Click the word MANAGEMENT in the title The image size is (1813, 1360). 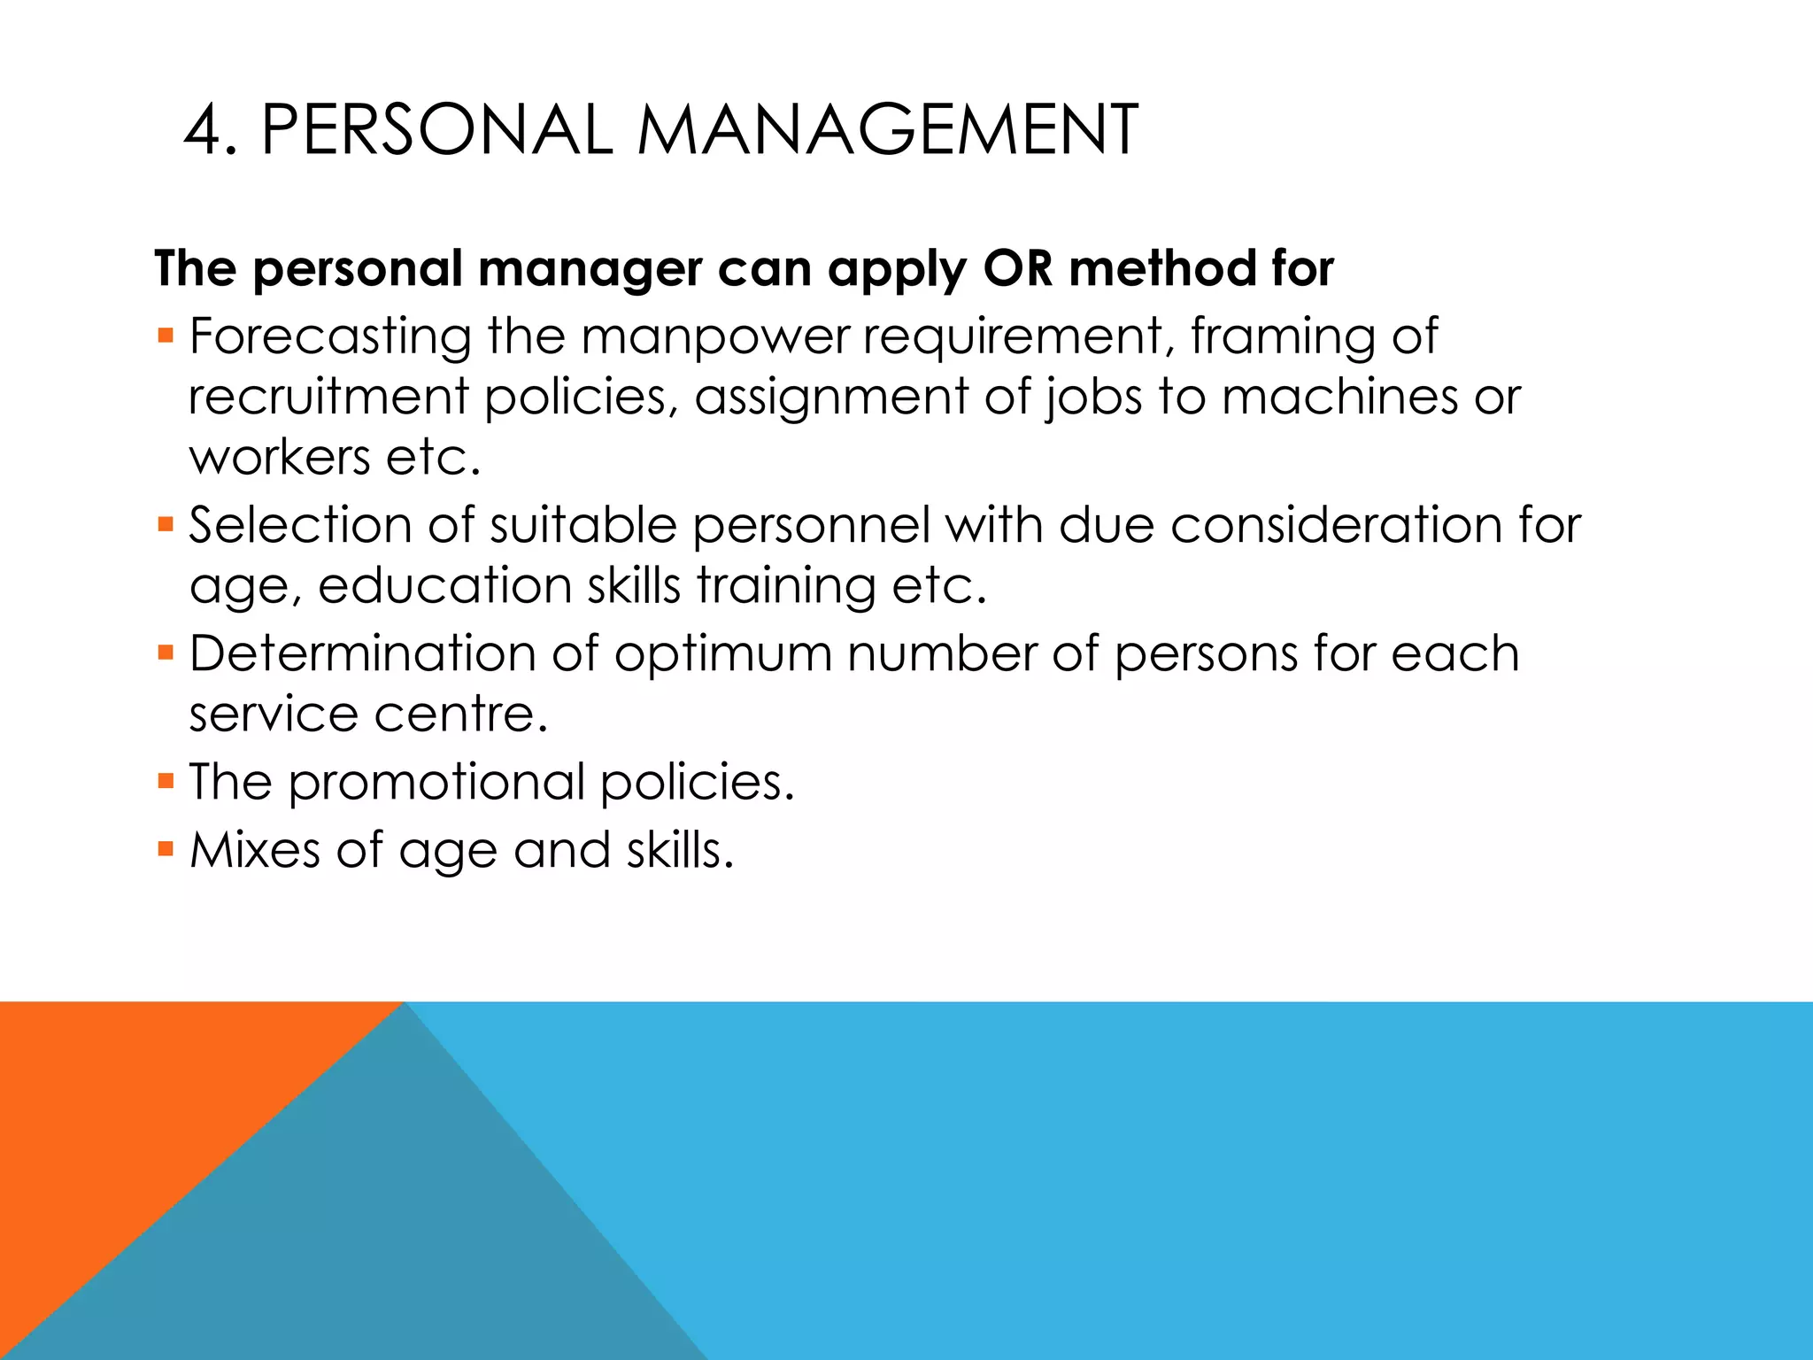pyautogui.click(x=887, y=131)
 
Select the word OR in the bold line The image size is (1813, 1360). pyautogui.click(x=1018, y=268)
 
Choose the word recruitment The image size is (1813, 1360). pyautogui.click(x=328, y=396)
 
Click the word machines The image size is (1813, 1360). pyautogui.click(x=1339, y=396)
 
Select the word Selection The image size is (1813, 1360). pyautogui.click(x=300, y=525)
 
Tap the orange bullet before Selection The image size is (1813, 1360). pyautogui.click(x=166, y=525)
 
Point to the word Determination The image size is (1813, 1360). pyautogui.click(x=362, y=654)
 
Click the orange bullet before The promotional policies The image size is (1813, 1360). pyautogui.click(x=166, y=782)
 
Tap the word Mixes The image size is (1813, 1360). pyautogui.click(x=255, y=850)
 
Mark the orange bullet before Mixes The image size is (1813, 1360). pyautogui.click(x=166, y=850)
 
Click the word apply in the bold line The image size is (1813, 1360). pyautogui.click(x=898, y=270)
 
